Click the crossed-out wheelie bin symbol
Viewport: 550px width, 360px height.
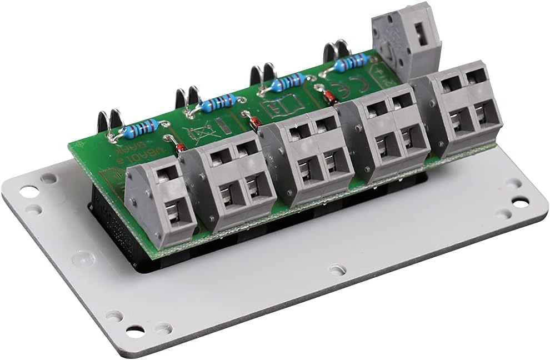point(199,133)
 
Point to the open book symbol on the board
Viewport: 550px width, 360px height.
point(285,106)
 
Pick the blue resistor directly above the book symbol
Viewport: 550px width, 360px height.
point(288,82)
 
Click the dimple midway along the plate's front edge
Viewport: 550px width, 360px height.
point(337,270)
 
